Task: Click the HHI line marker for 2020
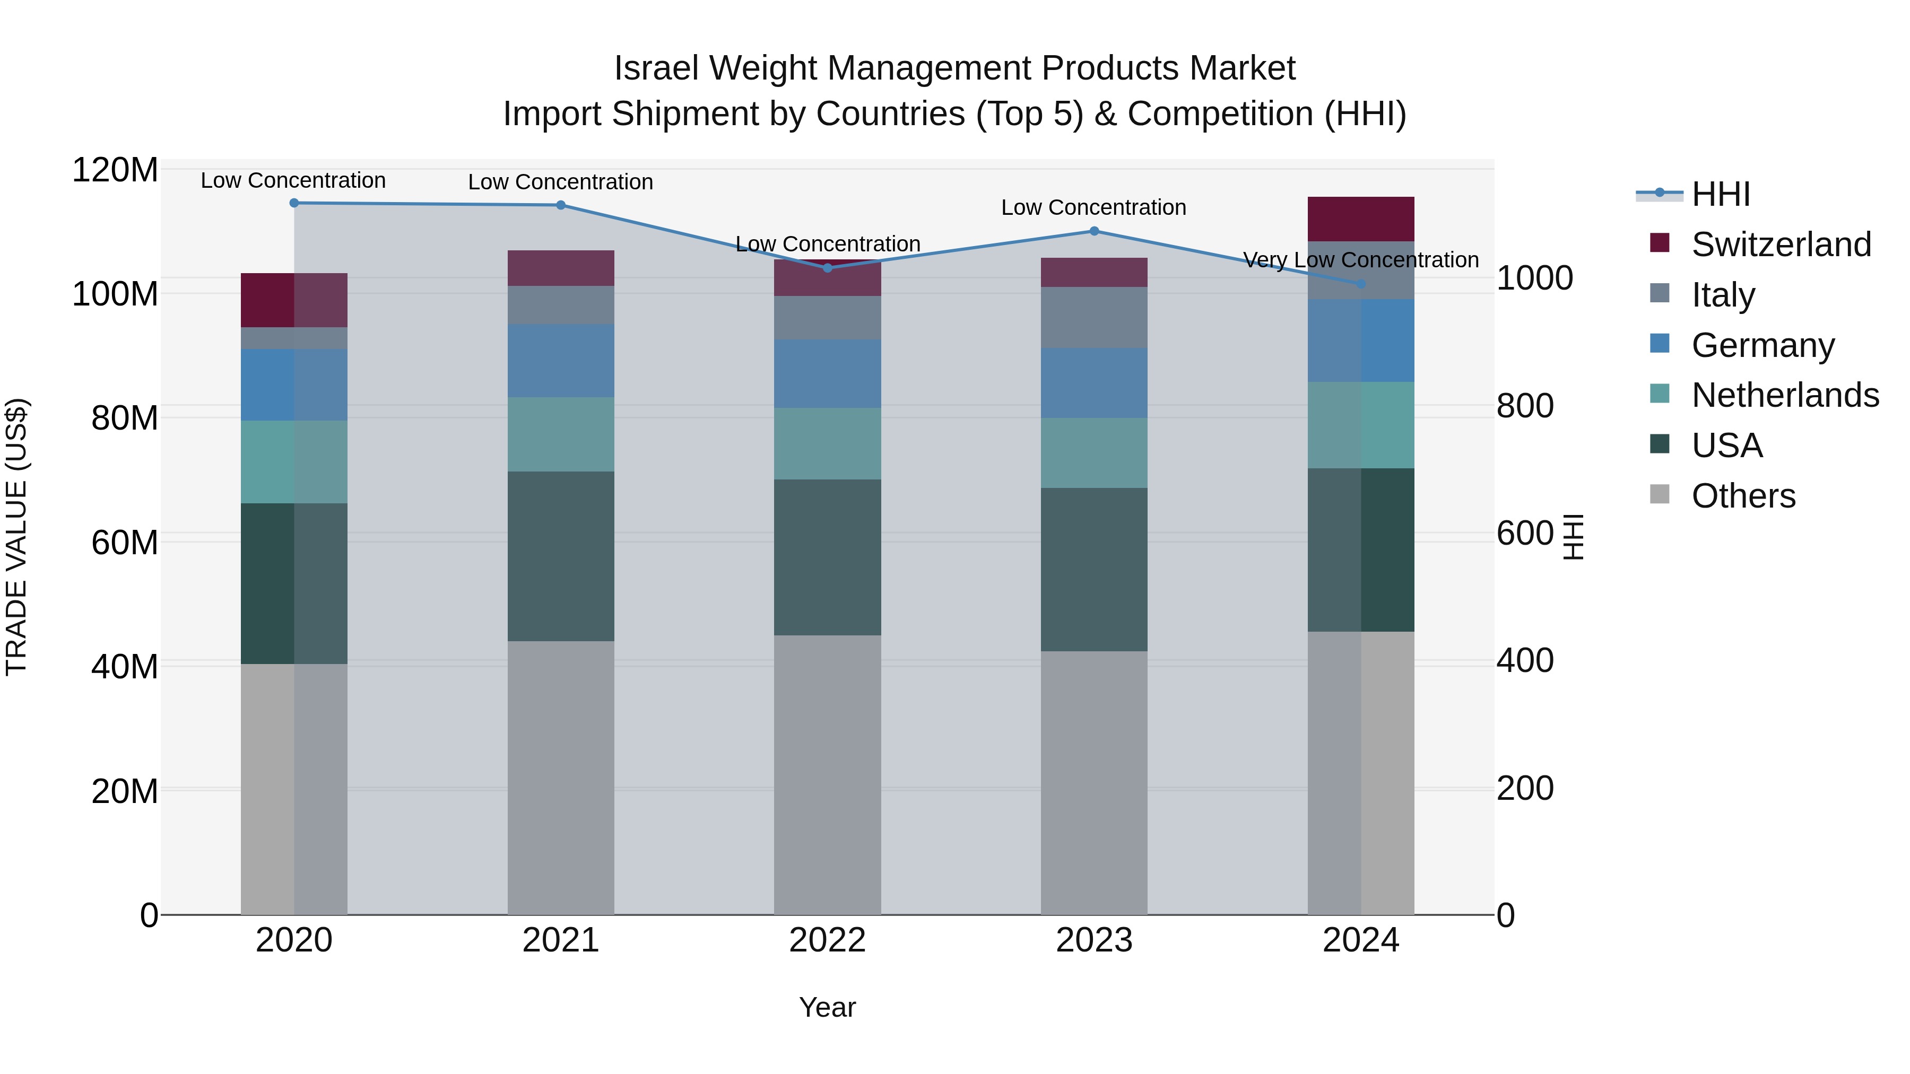pos(294,203)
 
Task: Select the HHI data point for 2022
pos(828,268)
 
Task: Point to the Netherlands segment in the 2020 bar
pos(294,462)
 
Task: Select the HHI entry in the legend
pos(1720,194)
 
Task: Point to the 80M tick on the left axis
pos(125,418)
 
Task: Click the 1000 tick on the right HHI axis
pos(1534,278)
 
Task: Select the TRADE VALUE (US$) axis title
pos(16,537)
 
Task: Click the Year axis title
pos(828,1007)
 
